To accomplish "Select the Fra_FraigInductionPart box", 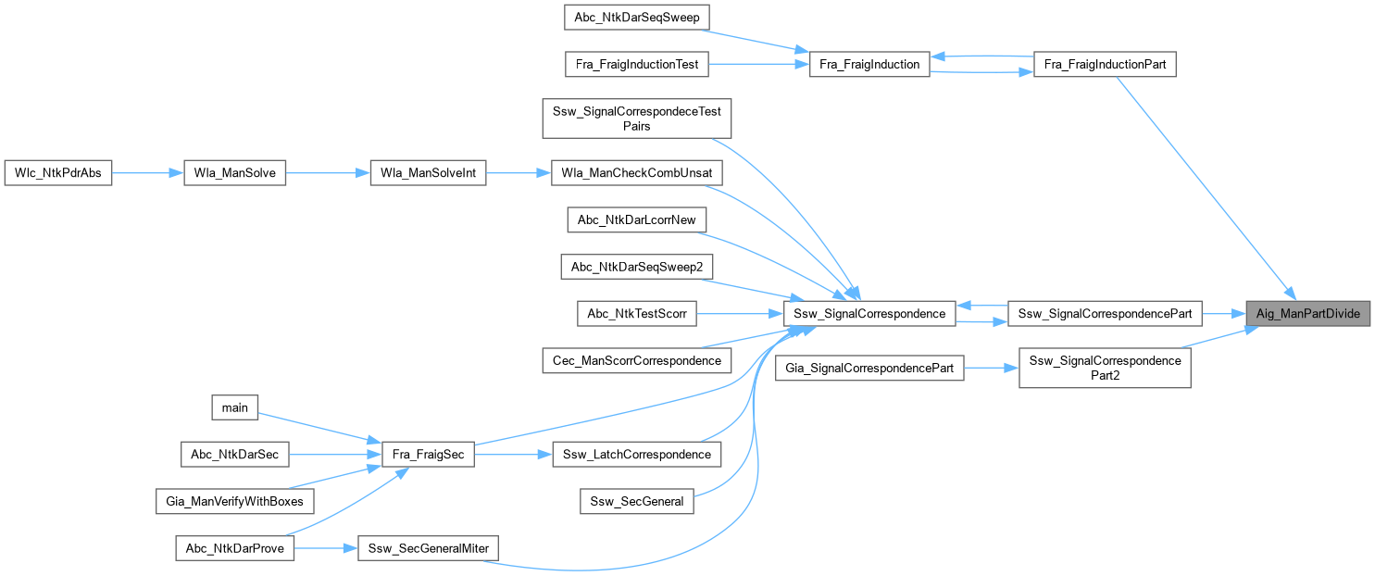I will click(1104, 65).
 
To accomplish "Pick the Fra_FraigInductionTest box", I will click(638, 65).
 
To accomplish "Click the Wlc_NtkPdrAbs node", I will click(58, 172).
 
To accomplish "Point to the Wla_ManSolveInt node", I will click(428, 172).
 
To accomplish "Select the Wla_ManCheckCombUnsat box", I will click(636, 172).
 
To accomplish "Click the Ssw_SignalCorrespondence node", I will click(869, 314).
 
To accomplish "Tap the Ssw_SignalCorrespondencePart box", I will click(1104, 314).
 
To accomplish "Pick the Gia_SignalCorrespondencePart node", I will click(870, 368).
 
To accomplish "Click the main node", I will click(235, 407).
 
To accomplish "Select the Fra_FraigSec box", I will click(429, 454).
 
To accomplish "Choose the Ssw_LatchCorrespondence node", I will click(636, 454).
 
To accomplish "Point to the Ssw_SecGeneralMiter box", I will click(428, 548).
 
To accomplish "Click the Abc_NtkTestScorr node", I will click(636, 314).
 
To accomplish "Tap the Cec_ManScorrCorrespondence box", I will click(636, 359).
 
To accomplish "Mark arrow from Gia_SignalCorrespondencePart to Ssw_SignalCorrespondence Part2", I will click(992, 368).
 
